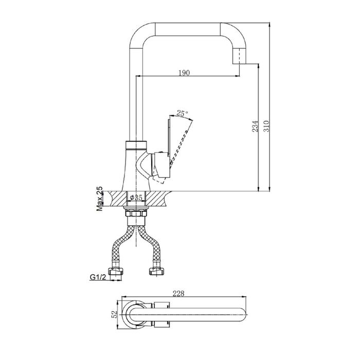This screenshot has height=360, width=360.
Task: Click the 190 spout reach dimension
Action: coord(184,73)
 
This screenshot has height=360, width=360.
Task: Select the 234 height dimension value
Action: coord(255,126)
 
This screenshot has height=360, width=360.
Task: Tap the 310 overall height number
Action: coord(266,126)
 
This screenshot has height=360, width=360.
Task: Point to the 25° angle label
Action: coord(182,113)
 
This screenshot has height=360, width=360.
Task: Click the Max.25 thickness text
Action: coord(99,199)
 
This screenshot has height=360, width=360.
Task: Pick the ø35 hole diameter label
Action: coord(136,197)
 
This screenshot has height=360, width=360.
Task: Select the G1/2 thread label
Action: coord(98,277)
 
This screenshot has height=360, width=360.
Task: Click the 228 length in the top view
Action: coord(178,294)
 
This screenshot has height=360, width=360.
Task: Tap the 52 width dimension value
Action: coord(114,314)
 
